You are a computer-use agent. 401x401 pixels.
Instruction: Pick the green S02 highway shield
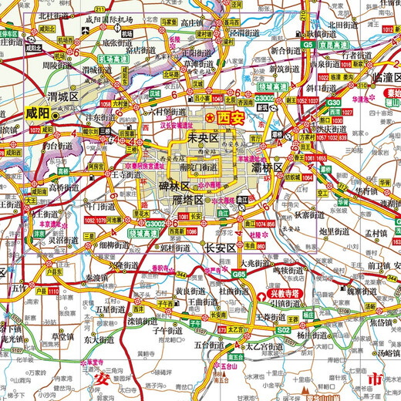(284, 329)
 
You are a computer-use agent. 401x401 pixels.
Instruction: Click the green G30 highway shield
(334, 103)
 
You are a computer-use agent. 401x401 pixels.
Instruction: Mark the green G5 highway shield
(308, 45)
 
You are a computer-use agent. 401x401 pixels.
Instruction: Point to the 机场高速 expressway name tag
(112, 59)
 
